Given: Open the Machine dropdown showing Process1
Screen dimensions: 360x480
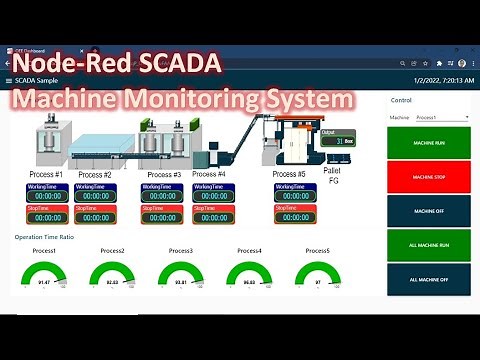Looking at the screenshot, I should pyautogui.click(x=441, y=117).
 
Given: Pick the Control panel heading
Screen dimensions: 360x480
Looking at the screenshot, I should pyautogui.click(x=401, y=100).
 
